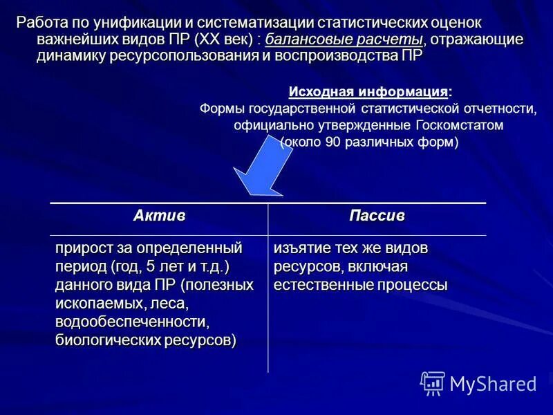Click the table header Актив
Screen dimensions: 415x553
coord(159,216)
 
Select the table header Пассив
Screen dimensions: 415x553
coord(377,216)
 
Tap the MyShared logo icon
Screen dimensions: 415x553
coord(433,383)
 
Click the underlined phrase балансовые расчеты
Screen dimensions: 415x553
coord(344,39)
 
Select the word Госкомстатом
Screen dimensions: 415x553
coord(460,126)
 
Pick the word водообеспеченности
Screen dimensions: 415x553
coord(133,322)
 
